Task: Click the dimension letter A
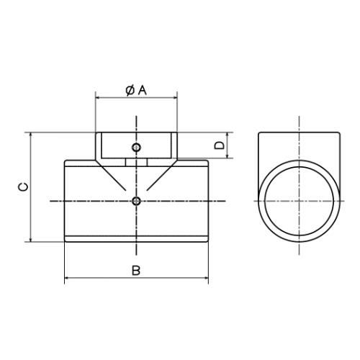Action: click(143, 91)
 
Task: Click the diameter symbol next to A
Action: click(130, 91)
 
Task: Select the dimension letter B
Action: click(136, 271)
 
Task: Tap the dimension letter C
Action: click(23, 186)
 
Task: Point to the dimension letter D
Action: click(219, 145)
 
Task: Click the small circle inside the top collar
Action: click(136, 148)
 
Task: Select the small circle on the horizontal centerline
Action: click(136, 201)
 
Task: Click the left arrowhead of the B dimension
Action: click(67, 278)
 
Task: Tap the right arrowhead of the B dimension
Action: click(206, 278)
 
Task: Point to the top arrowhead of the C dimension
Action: click(30, 135)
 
